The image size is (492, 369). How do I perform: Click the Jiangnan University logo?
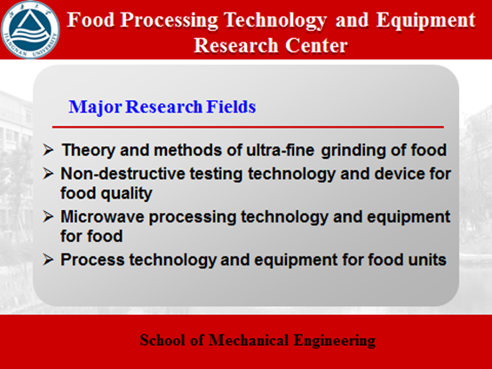pyautogui.click(x=30, y=29)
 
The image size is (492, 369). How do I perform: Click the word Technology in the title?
pyautogui.click(x=275, y=20)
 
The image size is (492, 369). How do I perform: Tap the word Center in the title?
pyautogui.click(x=316, y=45)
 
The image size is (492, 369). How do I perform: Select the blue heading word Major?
pyautogui.click(x=95, y=107)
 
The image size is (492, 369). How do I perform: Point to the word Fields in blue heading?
pyautogui.click(x=231, y=106)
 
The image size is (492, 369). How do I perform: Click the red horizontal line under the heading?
pyautogui.click(x=248, y=127)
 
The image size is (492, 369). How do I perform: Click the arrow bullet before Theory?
pyautogui.click(x=48, y=150)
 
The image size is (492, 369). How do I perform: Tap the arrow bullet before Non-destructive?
pyautogui.click(x=48, y=173)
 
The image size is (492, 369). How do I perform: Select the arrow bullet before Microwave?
pyautogui.click(x=48, y=216)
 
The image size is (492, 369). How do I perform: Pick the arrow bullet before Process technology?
pyautogui.click(x=48, y=260)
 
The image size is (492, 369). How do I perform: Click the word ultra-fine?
pyautogui.click(x=280, y=150)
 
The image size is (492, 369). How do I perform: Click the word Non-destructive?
pyautogui.click(x=123, y=174)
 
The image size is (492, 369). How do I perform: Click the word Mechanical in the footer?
pyautogui.click(x=249, y=341)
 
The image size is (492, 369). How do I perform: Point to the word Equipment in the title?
pyautogui.click(x=425, y=20)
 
